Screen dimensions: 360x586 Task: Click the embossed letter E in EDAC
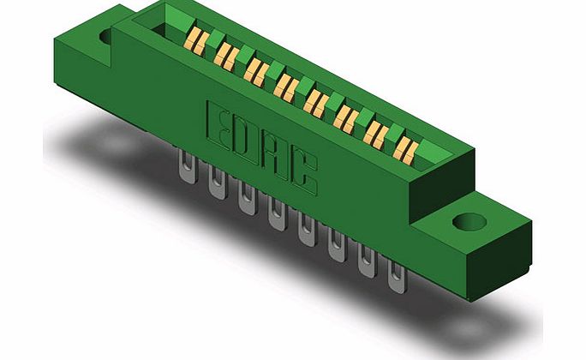pos(220,121)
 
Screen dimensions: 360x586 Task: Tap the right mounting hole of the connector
pos(467,222)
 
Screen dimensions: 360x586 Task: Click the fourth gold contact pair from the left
pos(284,86)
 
